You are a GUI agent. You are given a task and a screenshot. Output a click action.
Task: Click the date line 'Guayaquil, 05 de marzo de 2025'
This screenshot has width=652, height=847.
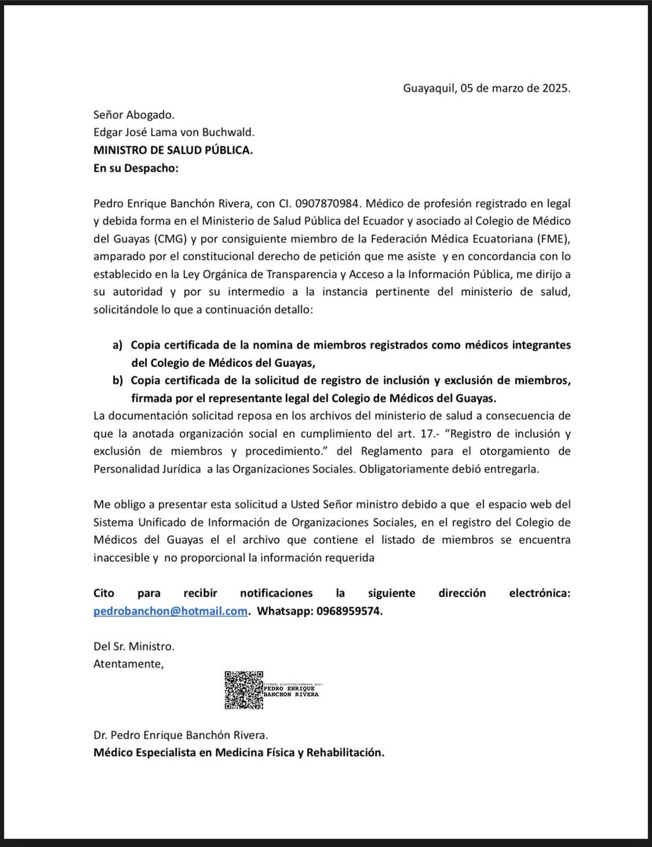pyautogui.click(x=486, y=89)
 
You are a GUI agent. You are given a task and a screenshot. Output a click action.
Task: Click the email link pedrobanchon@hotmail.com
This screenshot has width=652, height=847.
pyautogui.click(x=170, y=612)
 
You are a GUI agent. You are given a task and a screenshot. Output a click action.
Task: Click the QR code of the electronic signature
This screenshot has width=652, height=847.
pyautogui.click(x=243, y=690)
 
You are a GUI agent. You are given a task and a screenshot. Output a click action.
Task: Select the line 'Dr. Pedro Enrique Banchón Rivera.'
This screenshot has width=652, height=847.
pyautogui.click(x=181, y=736)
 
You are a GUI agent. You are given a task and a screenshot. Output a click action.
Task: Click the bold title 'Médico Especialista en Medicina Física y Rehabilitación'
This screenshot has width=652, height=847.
pyautogui.click(x=239, y=752)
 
